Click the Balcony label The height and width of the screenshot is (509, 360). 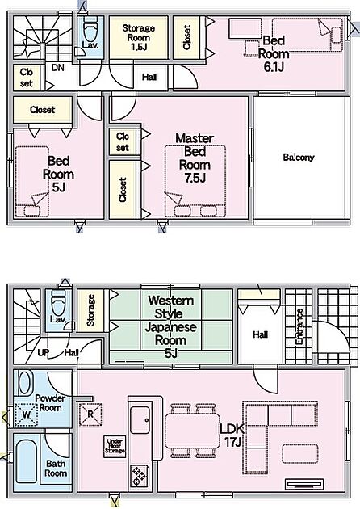coord(299,158)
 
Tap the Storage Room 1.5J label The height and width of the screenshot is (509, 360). coord(139,37)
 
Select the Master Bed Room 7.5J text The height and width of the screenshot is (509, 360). coord(195,158)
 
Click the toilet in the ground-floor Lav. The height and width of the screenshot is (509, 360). coord(58,303)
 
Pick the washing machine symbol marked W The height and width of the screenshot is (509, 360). coord(27,414)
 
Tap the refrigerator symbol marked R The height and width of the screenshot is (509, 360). coord(90,414)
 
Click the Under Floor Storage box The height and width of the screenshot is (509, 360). coord(115,446)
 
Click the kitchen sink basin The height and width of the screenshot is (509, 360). coord(140,420)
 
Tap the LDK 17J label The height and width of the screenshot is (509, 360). coord(232,435)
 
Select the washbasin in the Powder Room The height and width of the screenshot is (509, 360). coord(25,384)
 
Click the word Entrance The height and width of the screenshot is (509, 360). coord(299,326)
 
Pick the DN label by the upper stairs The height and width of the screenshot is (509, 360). coord(58,68)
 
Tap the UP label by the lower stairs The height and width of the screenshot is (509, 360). coord(43,352)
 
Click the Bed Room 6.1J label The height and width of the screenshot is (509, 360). coord(274,53)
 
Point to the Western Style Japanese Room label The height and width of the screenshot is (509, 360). coord(170,326)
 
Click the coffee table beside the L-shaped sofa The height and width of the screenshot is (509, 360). coord(300,453)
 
